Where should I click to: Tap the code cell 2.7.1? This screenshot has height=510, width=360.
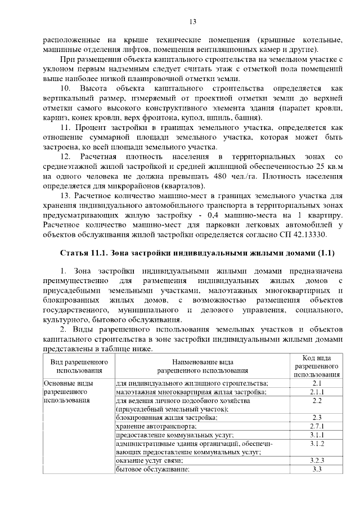[316, 426]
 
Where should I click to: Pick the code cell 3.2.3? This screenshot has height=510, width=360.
[316, 460]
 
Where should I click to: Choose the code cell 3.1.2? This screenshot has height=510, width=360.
[316, 444]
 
